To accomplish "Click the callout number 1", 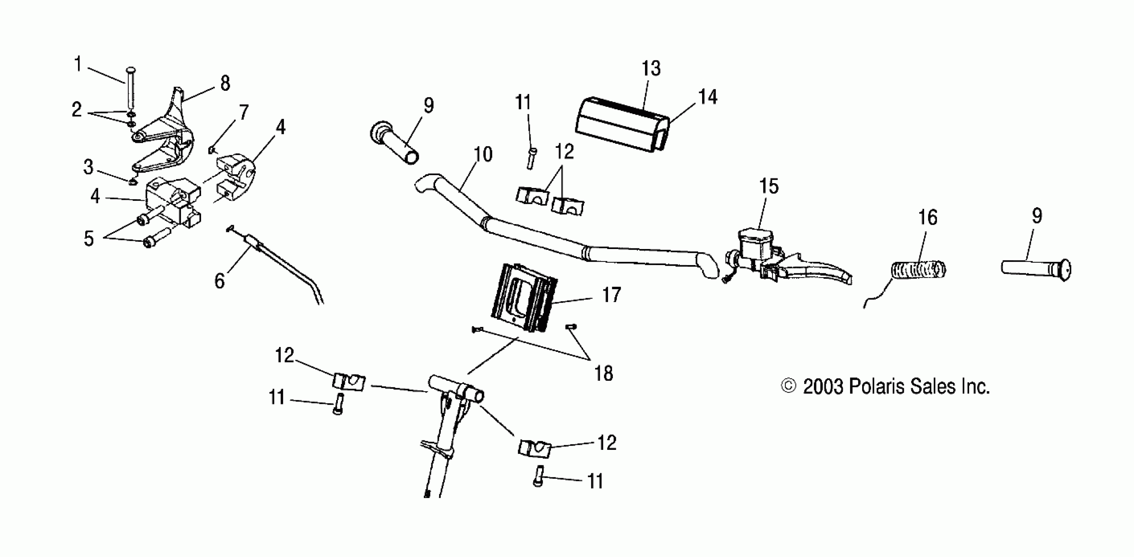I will tap(78, 64).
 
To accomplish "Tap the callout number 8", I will tap(225, 83).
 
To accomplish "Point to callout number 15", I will tap(769, 186).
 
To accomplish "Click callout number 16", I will tap(927, 217).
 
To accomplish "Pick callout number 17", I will tap(612, 295).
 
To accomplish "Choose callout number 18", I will tap(603, 374).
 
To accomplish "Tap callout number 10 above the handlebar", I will tap(483, 154).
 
